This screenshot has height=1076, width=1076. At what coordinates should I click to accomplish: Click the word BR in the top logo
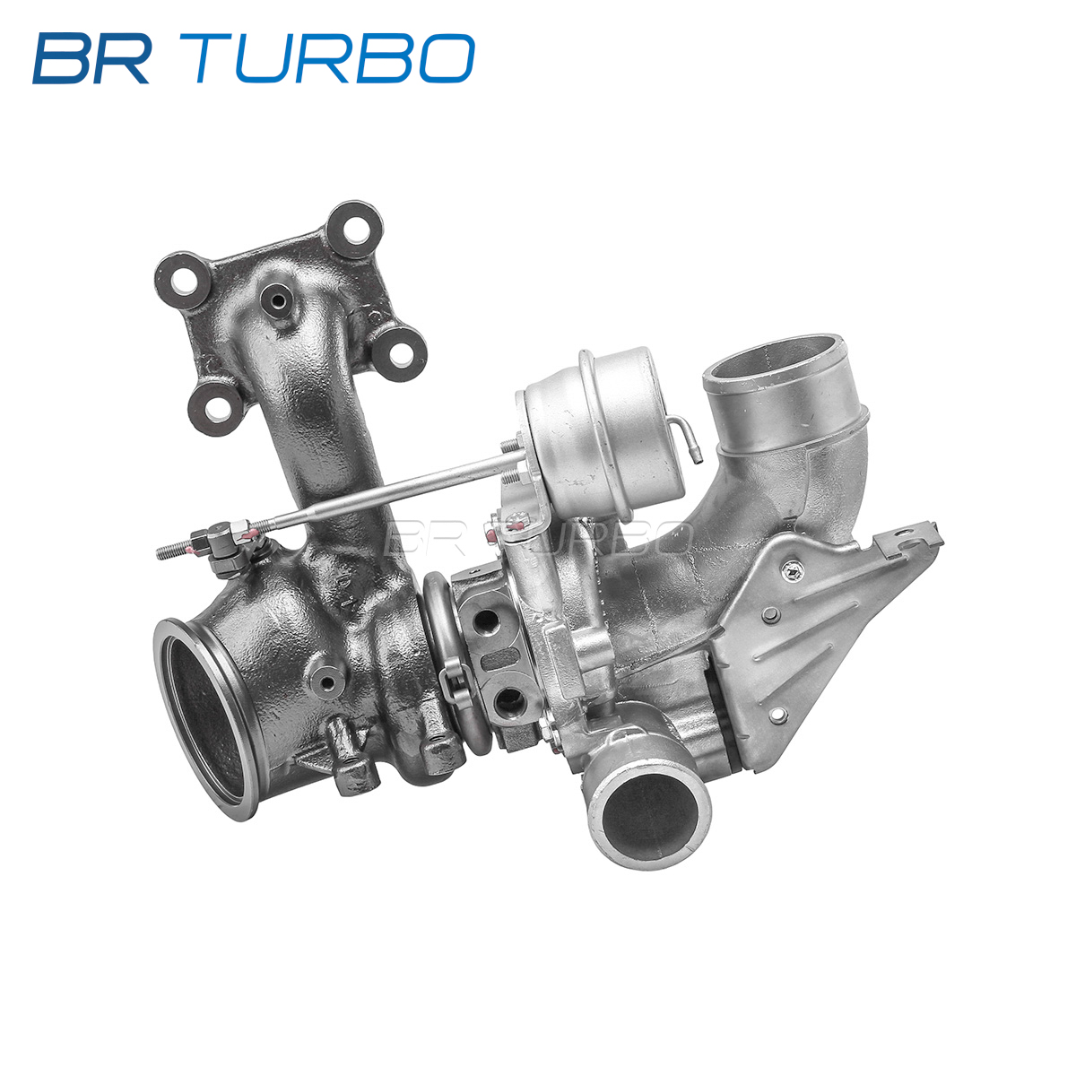[x=91, y=58]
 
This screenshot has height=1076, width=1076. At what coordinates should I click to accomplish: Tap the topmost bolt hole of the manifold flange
[x=354, y=229]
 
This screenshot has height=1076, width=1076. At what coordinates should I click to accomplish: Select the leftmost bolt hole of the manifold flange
[x=183, y=281]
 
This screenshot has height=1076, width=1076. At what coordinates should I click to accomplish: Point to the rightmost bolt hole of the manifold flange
[x=399, y=354]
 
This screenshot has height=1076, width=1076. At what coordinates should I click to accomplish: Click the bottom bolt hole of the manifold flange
[x=215, y=409]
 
